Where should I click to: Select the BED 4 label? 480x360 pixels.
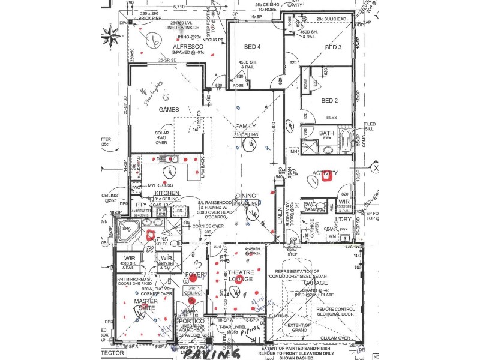tap(252, 47)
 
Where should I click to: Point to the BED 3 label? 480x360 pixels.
tap(333, 47)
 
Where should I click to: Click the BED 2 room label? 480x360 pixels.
tap(329, 100)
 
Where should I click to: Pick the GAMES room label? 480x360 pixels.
tap(169, 110)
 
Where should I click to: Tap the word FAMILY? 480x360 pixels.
tap(246, 127)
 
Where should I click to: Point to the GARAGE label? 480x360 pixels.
tap(315, 283)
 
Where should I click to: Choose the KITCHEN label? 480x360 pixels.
tap(167, 192)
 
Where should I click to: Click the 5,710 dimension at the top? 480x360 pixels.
tap(178, 5)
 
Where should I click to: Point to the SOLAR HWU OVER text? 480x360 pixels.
tap(162, 137)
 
